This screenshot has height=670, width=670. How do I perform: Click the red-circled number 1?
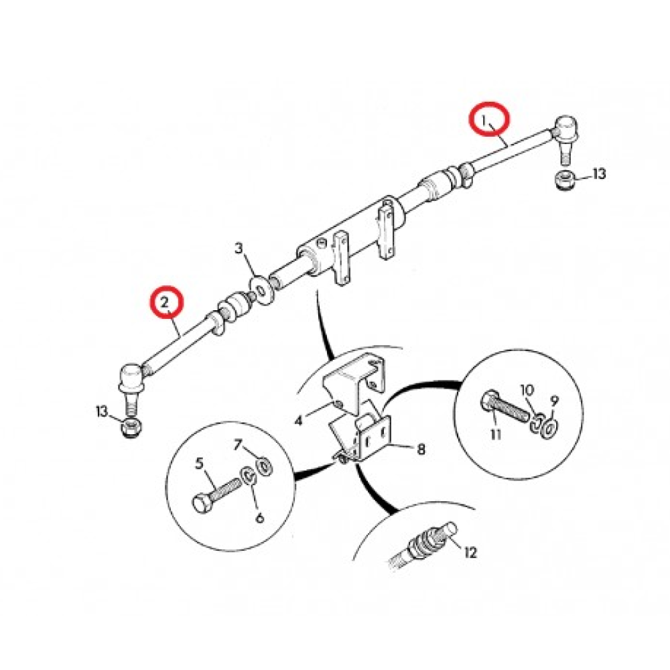click(485, 121)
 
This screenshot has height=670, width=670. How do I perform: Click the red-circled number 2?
click(165, 303)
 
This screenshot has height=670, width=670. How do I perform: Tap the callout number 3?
click(239, 249)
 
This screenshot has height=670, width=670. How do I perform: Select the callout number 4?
click(298, 421)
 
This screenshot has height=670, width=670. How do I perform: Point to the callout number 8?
click(421, 449)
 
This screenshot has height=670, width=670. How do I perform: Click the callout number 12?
click(470, 553)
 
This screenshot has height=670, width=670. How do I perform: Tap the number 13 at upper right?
click(598, 174)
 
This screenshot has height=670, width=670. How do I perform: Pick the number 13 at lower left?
click(102, 411)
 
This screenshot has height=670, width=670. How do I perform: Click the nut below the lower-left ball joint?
click(131, 427)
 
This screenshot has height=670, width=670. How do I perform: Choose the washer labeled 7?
click(264, 466)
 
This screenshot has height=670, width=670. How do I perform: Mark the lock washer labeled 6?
click(249, 476)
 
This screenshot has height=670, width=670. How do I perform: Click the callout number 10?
click(527, 390)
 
